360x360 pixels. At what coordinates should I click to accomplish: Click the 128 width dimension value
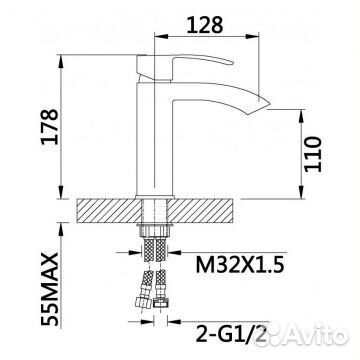click(204, 25)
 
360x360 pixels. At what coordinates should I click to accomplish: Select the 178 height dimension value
click(50, 126)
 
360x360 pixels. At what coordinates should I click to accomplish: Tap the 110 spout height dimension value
click(313, 154)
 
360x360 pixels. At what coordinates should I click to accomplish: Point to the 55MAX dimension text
click(50, 289)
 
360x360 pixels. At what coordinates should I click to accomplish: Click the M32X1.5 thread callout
click(240, 265)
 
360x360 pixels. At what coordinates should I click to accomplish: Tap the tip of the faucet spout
click(269, 104)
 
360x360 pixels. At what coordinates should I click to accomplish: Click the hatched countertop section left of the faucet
click(109, 211)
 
